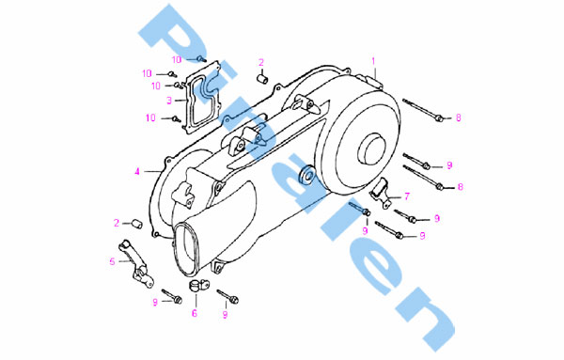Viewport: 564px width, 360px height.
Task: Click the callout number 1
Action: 373,61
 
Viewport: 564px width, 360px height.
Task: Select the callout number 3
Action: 169,101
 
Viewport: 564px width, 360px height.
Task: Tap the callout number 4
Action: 137,172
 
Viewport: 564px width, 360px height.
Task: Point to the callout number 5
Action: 112,261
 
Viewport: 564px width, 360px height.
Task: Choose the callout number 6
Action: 195,314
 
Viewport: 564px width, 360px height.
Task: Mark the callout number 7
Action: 407,196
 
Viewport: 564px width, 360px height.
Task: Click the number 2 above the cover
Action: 261,63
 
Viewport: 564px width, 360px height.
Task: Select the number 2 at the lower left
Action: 117,223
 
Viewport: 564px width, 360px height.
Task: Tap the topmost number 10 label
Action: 177,59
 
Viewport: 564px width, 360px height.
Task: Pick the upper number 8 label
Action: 459,117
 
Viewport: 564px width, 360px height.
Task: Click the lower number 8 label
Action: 460,187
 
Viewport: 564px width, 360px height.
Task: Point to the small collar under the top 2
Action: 261,79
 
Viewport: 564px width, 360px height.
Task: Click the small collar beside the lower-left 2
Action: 137,224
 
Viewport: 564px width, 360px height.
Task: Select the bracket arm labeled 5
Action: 135,264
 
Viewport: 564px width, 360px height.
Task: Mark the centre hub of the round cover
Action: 371,148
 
